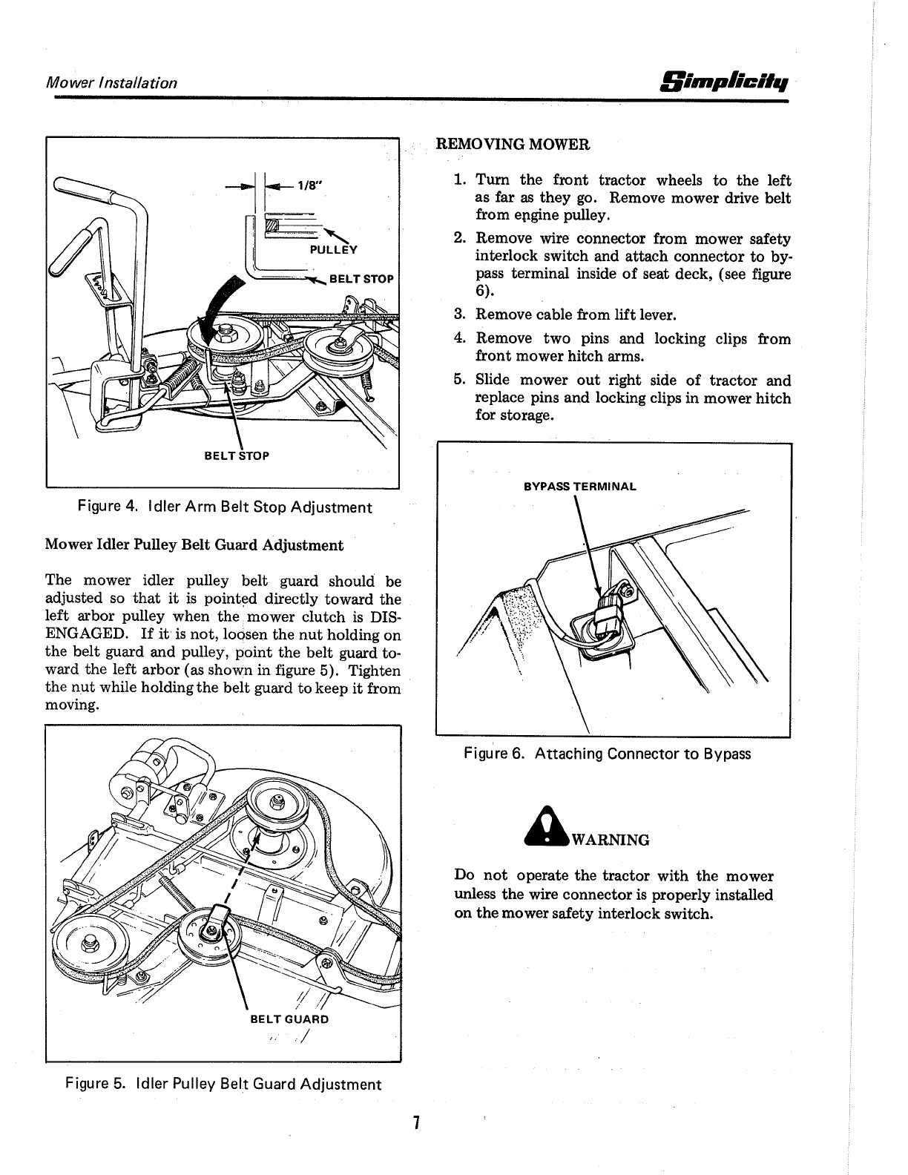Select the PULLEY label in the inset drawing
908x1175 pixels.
[333, 250]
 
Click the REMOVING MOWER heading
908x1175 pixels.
[513, 144]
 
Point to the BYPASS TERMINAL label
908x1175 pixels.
[579, 487]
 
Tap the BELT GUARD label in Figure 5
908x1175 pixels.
[289, 1018]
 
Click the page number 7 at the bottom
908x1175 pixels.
[417, 1123]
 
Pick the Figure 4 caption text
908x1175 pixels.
[225, 507]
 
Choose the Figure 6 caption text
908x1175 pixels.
[607, 754]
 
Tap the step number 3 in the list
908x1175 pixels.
[459, 315]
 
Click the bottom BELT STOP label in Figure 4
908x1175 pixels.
[237, 455]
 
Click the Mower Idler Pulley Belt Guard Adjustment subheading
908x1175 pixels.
[194, 545]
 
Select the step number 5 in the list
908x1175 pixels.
[459, 381]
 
